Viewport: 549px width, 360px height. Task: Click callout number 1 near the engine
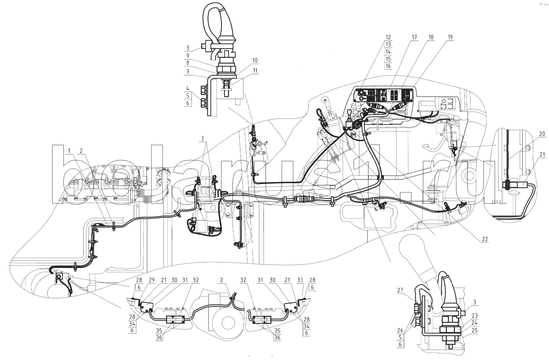pos(69,151)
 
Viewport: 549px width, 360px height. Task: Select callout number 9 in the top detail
pos(188,56)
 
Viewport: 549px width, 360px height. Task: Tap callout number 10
pos(255,61)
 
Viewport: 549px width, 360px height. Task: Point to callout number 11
pos(255,71)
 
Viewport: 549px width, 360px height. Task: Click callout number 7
pos(188,72)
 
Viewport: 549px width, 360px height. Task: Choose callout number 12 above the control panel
pos(388,37)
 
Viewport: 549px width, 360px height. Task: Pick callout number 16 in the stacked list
pos(388,66)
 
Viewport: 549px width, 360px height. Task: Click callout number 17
pos(414,37)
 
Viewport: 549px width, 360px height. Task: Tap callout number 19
pos(450,37)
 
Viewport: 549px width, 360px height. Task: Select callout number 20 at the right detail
pos(542,134)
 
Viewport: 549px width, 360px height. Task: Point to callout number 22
pos(485,239)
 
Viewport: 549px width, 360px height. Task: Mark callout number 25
pos(474,331)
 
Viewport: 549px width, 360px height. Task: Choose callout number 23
pos(474,316)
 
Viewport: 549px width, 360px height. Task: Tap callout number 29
pos(151,280)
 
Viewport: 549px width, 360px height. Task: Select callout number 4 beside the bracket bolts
pos(188,88)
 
